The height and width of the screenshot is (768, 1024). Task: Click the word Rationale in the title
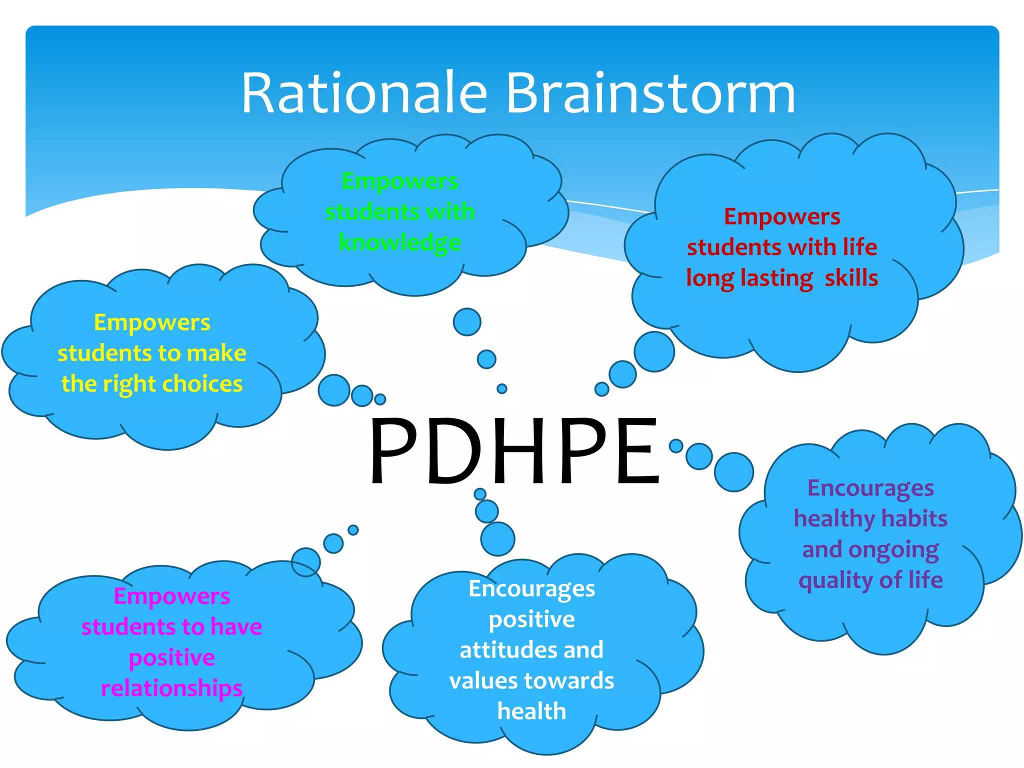tap(364, 93)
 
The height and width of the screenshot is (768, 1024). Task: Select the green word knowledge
tap(399, 243)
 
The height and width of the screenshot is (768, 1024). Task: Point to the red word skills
tap(851, 277)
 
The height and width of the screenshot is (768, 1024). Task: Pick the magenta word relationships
tap(171, 688)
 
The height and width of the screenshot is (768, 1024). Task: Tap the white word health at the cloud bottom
tap(531, 711)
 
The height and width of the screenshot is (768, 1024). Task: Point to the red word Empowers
tap(782, 216)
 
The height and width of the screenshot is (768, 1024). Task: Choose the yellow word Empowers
tap(152, 322)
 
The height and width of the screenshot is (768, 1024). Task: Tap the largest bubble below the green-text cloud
tap(467, 322)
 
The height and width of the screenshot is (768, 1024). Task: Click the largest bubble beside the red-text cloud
tap(654, 351)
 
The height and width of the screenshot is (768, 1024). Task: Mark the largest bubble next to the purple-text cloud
tap(733, 472)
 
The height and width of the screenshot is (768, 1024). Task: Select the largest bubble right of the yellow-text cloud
tap(333, 390)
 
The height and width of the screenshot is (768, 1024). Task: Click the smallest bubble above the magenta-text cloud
tap(353, 530)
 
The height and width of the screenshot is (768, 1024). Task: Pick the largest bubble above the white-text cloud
tap(497, 539)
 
